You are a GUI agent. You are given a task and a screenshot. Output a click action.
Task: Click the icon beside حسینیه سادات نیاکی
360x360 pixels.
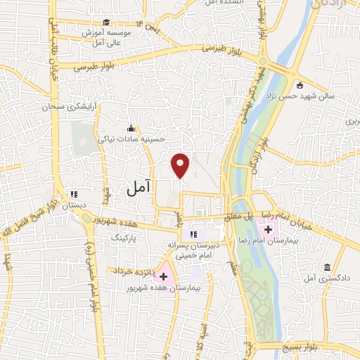pyautogui.click(x=130, y=128)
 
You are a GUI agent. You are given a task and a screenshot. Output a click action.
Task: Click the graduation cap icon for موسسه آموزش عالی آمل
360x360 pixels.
pyautogui.click(x=105, y=22)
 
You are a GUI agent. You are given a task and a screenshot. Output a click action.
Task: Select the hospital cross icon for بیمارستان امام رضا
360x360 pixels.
pyautogui.click(x=268, y=229)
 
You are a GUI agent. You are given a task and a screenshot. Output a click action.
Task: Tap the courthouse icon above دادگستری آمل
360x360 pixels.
pyautogui.click(x=328, y=267)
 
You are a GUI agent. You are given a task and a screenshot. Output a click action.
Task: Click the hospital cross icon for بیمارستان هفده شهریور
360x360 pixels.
pyautogui.click(x=163, y=276)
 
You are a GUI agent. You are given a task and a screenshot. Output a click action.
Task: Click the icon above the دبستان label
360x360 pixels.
pyautogui.click(x=72, y=194)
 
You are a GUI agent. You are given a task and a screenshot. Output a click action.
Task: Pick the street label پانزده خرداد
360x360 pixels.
pyautogui.click(x=129, y=270)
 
